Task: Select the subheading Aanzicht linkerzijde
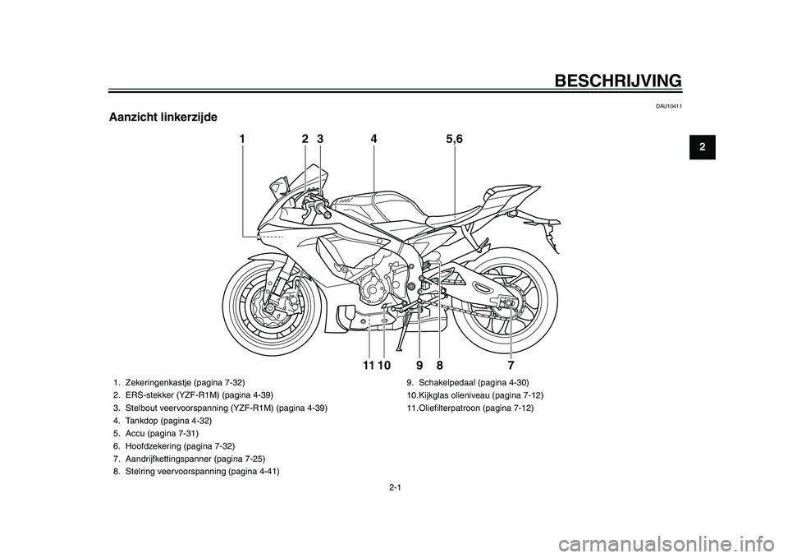pos(163,118)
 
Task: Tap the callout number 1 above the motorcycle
pos(242,140)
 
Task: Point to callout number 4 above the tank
pos(373,140)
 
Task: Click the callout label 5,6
pos(454,140)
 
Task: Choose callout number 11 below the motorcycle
pos(368,364)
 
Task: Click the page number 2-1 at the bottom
pos(395,487)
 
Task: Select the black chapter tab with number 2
pos(702,147)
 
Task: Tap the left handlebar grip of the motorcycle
pos(325,211)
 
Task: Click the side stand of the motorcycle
pos(402,333)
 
